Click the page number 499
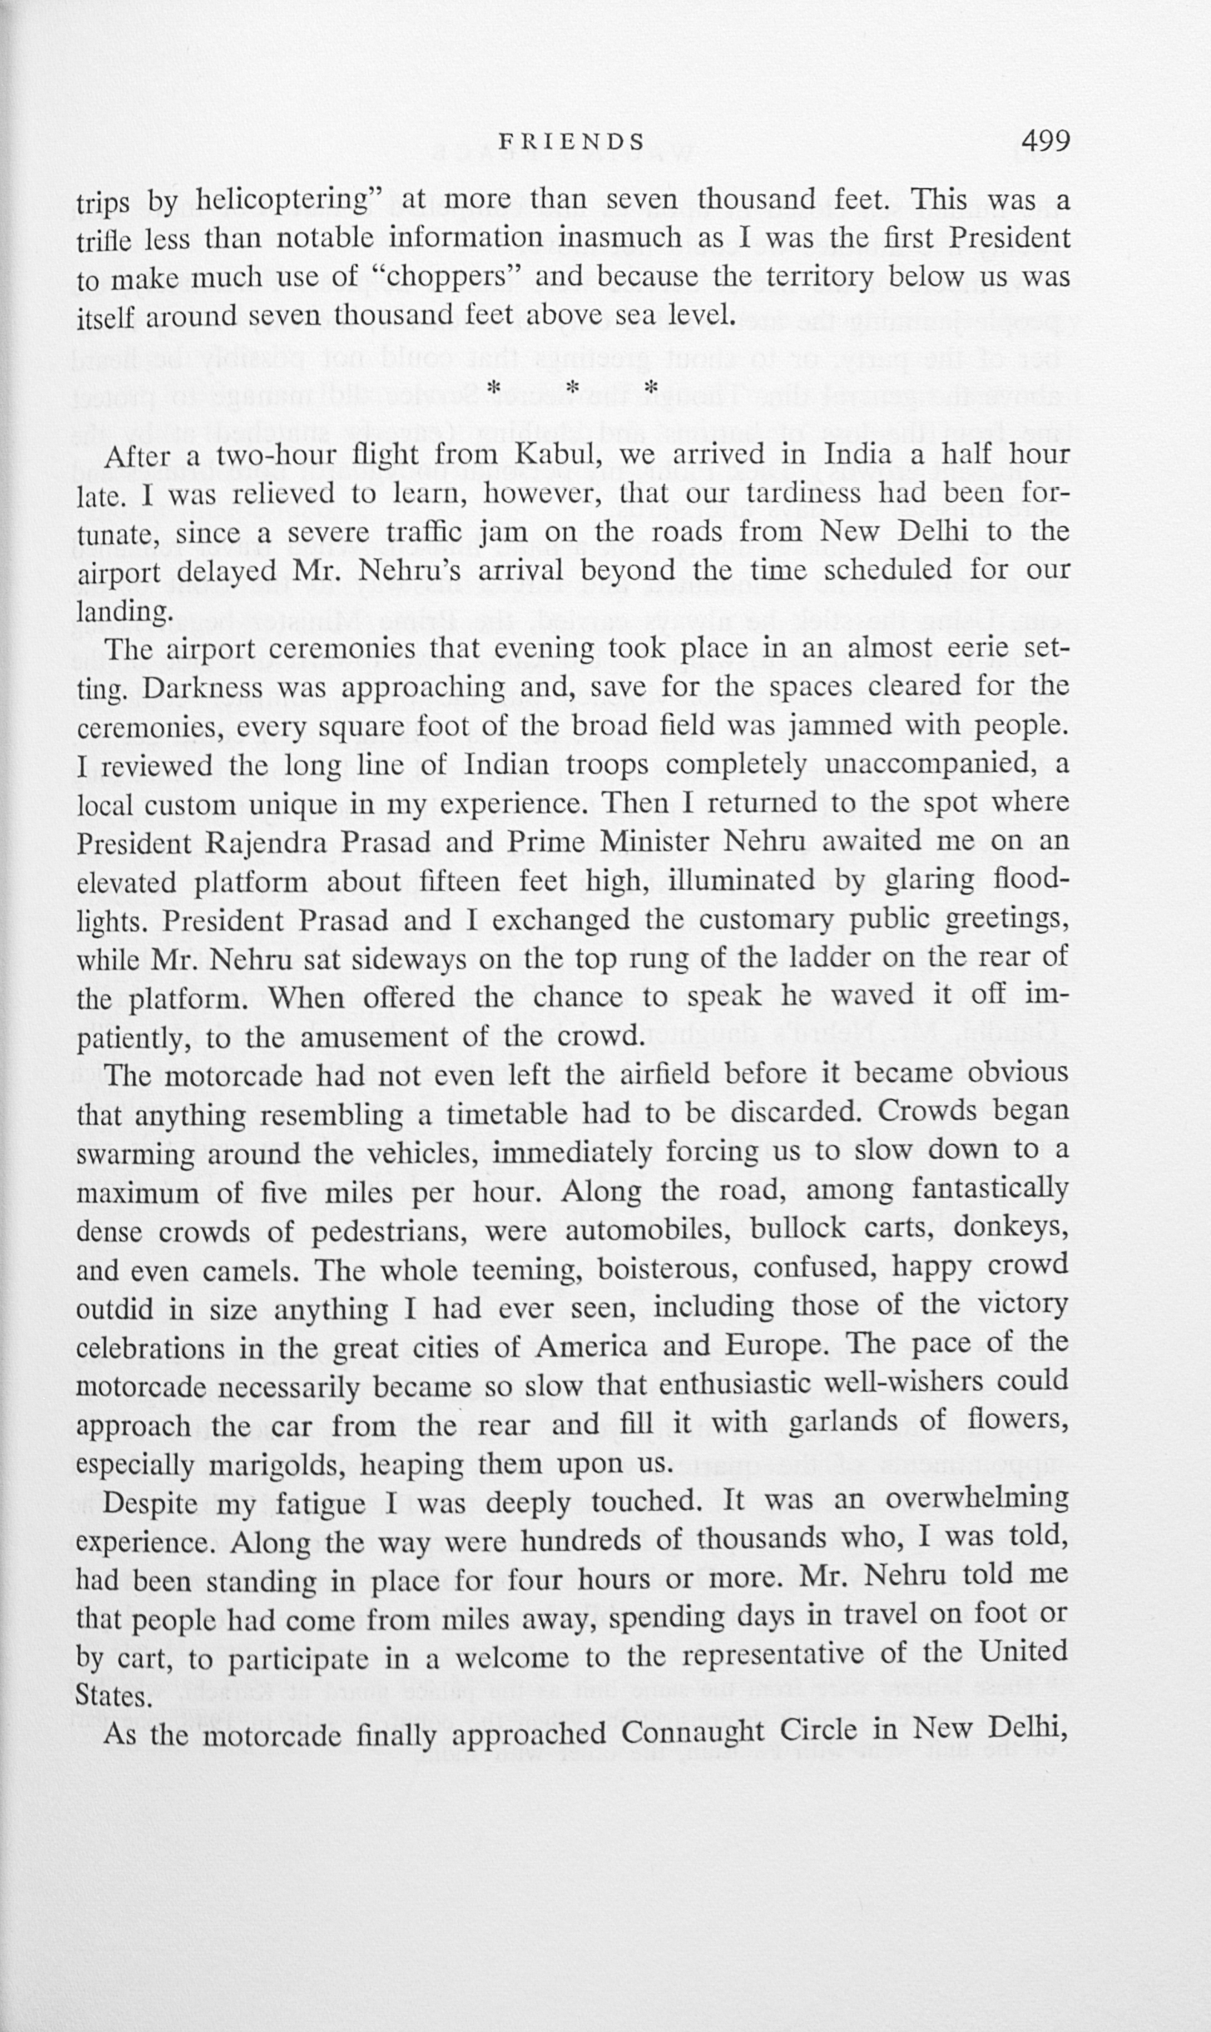1044,142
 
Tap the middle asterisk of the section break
573,387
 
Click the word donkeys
1010,1231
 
